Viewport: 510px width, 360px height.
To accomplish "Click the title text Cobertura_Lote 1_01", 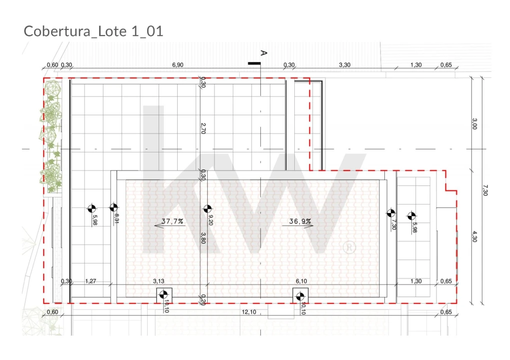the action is (94, 31).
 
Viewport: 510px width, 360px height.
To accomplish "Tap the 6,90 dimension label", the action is (178, 65).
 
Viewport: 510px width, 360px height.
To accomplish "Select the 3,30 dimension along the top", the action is (345, 65).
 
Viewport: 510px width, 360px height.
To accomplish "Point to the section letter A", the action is (264, 53).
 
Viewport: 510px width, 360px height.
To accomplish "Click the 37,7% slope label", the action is (172, 221).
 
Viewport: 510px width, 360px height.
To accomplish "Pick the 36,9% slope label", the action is (300, 221).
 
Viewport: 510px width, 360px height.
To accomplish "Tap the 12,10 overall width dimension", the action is (249, 312).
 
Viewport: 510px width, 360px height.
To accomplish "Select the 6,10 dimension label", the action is (301, 281).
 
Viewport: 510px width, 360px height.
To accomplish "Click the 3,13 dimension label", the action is (159, 281).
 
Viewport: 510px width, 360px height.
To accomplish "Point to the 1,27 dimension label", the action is (91, 281).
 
